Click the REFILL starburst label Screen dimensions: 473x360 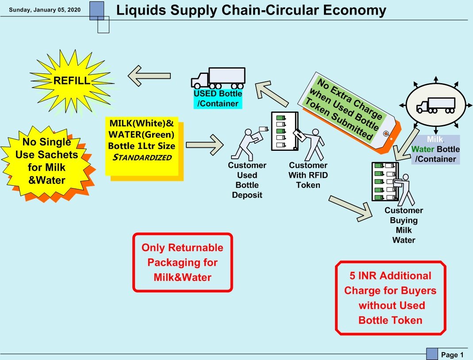[71, 81]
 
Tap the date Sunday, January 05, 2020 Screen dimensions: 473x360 [45, 10]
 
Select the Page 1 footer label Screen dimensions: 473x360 [452, 355]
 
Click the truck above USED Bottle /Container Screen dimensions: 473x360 [218, 78]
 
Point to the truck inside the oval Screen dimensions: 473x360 [435, 105]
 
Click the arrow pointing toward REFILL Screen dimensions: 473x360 [149, 76]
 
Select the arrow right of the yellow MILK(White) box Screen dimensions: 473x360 [204, 145]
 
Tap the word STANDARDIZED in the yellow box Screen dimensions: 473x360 [142, 157]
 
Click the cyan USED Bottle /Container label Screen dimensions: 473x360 [218, 99]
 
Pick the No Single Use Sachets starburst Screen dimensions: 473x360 [47, 161]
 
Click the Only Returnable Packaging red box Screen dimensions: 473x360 [182, 262]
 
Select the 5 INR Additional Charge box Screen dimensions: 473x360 [390, 298]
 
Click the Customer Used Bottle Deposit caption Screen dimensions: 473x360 [247, 180]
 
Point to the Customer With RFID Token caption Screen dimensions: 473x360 [308, 175]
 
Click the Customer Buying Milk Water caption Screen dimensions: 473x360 [404, 225]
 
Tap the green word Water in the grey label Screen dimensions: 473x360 [422, 149]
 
